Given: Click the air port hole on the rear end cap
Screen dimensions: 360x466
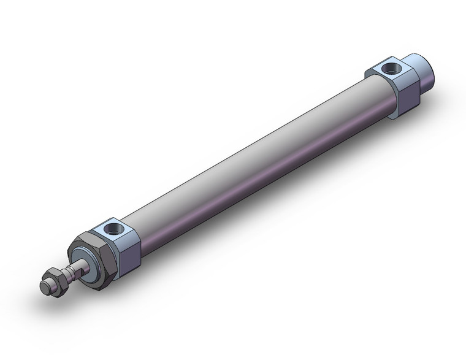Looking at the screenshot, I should (390, 67).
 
